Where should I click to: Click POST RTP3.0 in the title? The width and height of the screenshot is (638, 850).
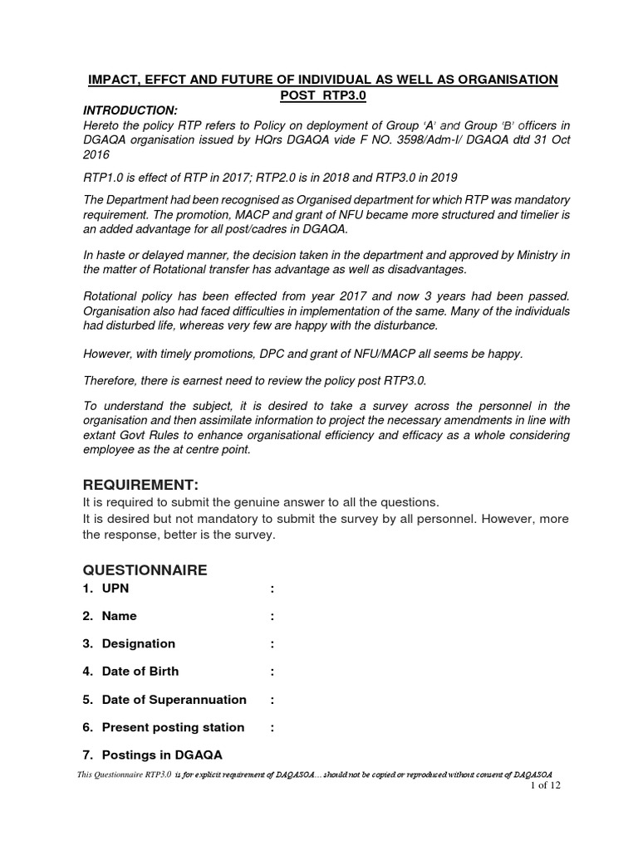[324, 95]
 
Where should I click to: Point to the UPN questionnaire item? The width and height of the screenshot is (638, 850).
[115, 589]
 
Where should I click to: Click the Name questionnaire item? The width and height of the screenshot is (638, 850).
[119, 616]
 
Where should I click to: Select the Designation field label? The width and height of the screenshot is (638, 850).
[138, 643]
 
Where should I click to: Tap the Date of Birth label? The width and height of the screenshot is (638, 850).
[140, 671]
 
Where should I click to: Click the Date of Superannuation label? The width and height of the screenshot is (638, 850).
[174, 699]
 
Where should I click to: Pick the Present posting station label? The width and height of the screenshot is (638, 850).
[173, 727]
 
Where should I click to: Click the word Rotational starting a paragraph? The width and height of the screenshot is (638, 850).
[115, 296]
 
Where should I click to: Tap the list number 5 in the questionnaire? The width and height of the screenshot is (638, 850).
[86, 699]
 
